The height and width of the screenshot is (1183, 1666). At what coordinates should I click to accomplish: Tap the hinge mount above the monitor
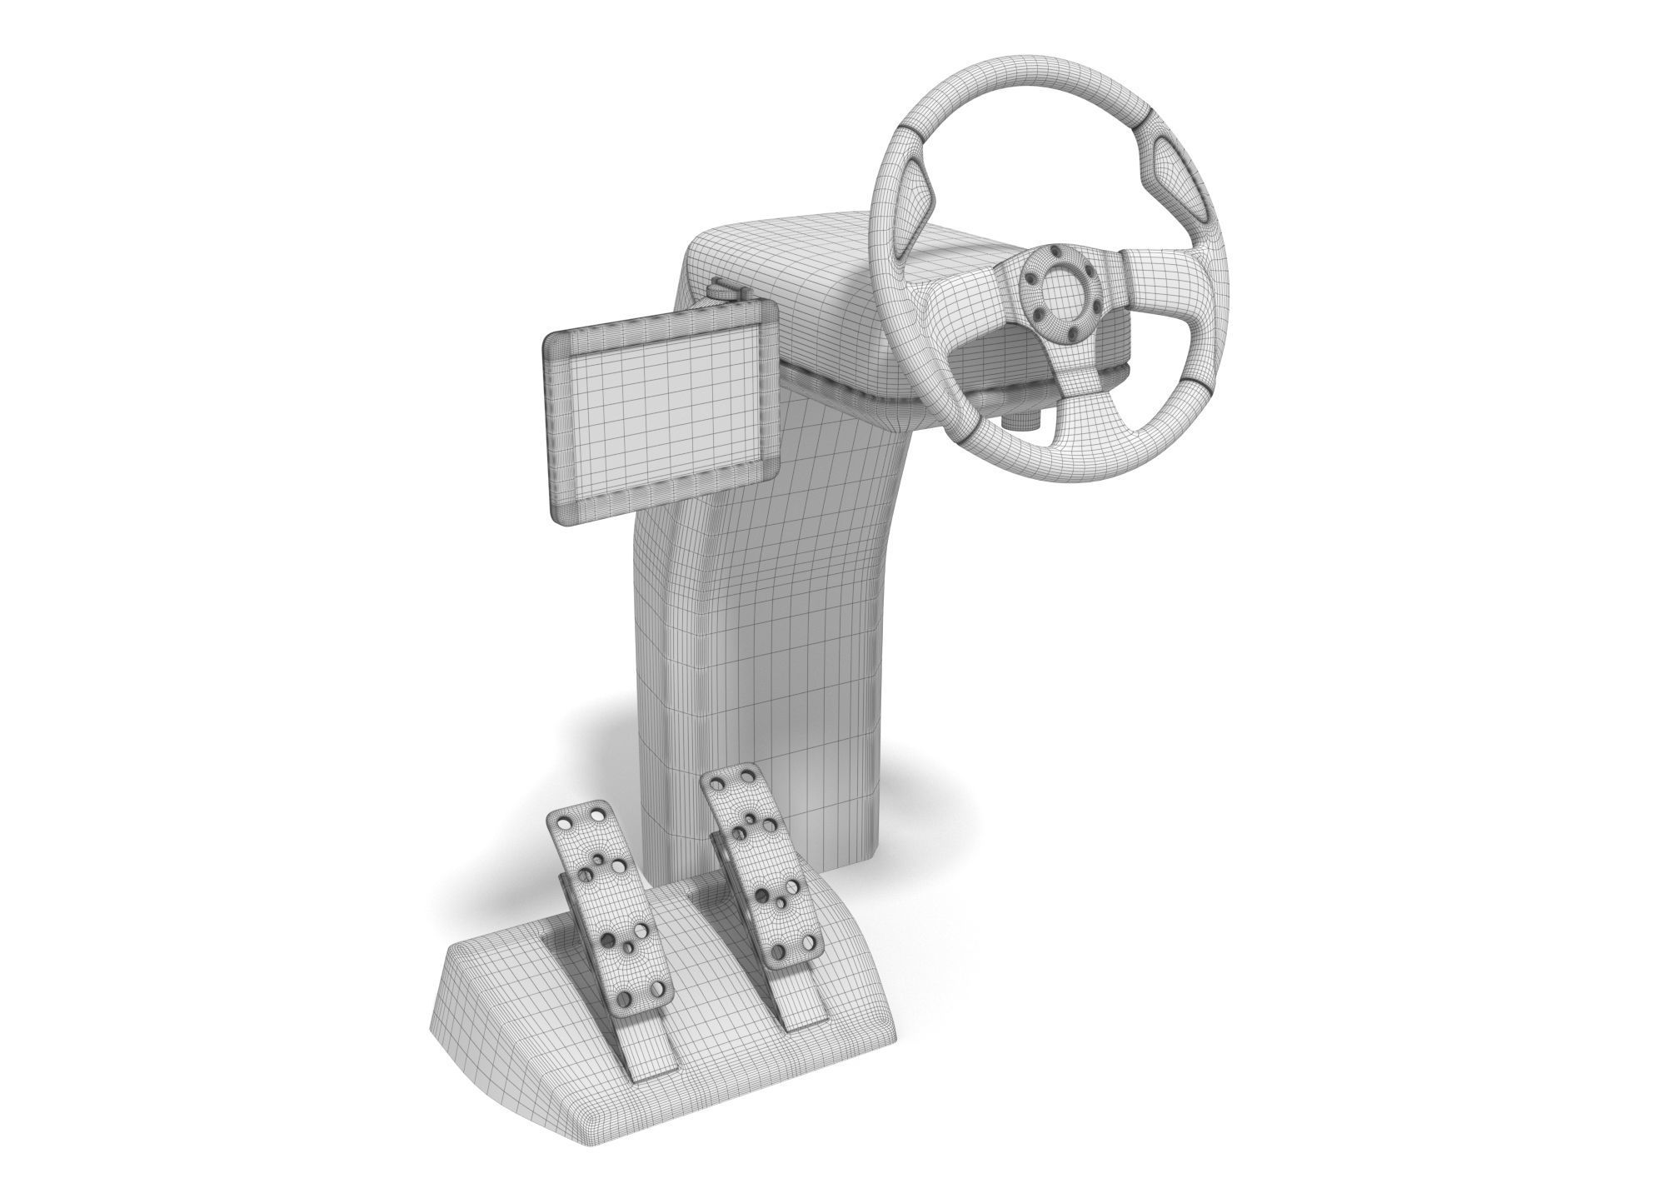[725, 291]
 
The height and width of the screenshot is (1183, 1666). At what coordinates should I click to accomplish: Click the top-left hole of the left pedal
[566, 821]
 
